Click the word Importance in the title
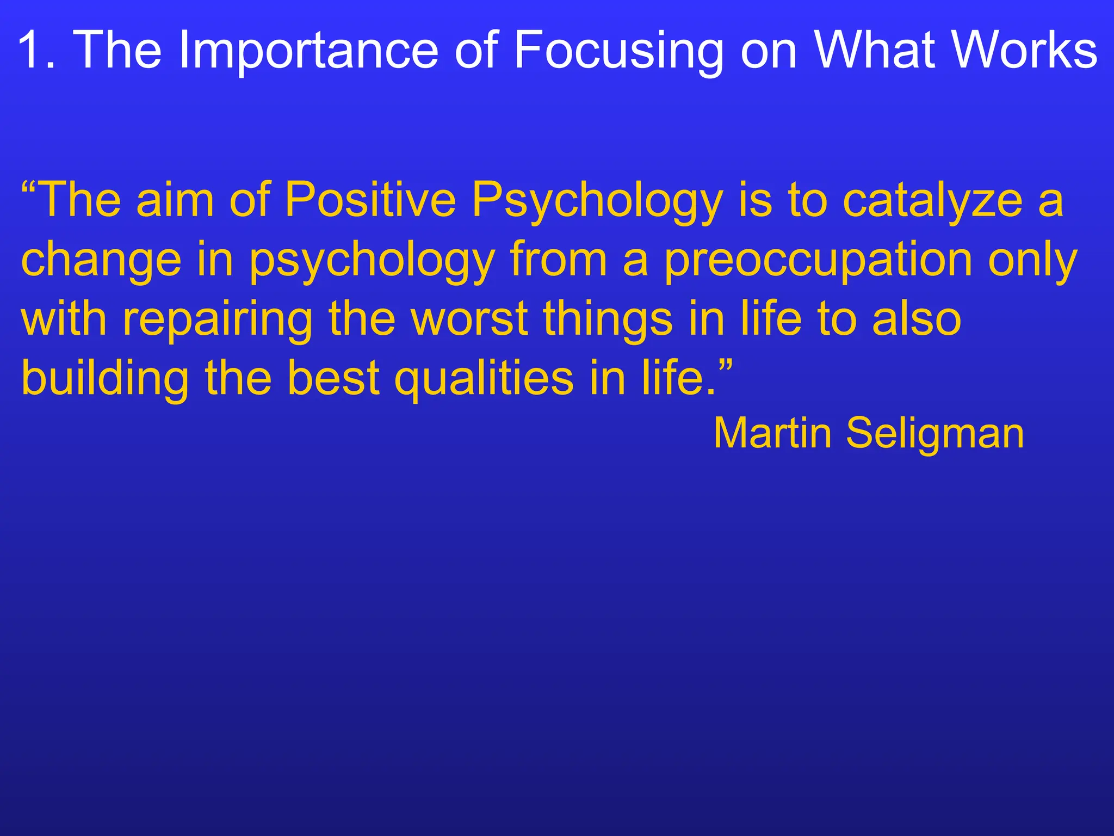point(308,50)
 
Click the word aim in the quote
point(175,200)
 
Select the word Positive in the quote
point(370,200)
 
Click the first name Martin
point(772,433)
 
